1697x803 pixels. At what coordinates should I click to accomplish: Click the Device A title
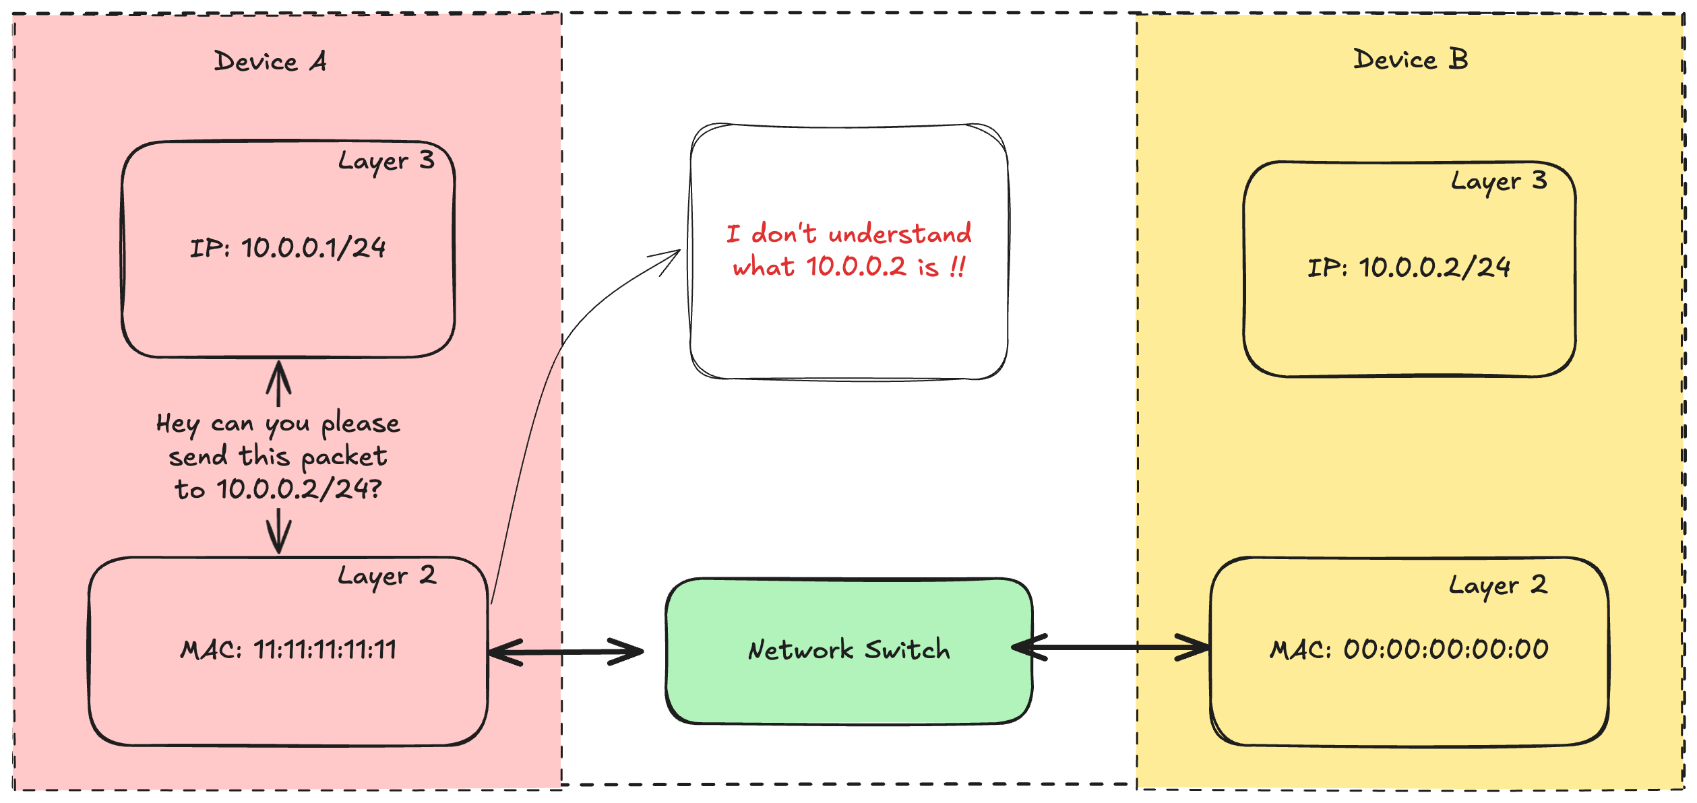[x=270, y=61]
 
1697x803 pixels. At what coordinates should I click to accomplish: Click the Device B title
[x=1410, y=60]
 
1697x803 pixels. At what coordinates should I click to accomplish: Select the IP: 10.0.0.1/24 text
[x=288, y=248]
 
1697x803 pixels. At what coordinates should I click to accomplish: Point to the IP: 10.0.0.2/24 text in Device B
[x=1409, y=267]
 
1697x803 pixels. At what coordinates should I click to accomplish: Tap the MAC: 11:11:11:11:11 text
[x=288, y=649]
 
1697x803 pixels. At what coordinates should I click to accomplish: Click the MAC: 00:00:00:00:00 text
[x=1409, y=649]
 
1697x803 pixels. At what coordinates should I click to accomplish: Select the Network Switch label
[x=848, y=650]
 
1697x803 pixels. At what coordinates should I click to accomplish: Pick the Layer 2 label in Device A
[x=387, y=576]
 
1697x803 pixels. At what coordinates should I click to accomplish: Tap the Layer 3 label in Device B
[x=1499, y=181]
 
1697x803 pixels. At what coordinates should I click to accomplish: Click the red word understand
[x=900, y=234]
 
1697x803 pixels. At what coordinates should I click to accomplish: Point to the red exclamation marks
[x=958, y=266]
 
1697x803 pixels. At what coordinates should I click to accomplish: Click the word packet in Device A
[x=344, y=457]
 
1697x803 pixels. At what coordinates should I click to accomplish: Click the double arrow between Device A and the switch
[x=565, y=652]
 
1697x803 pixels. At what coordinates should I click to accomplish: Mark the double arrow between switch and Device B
[x=1111, y=647]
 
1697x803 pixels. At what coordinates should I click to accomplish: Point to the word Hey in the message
[x=178, y=424]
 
